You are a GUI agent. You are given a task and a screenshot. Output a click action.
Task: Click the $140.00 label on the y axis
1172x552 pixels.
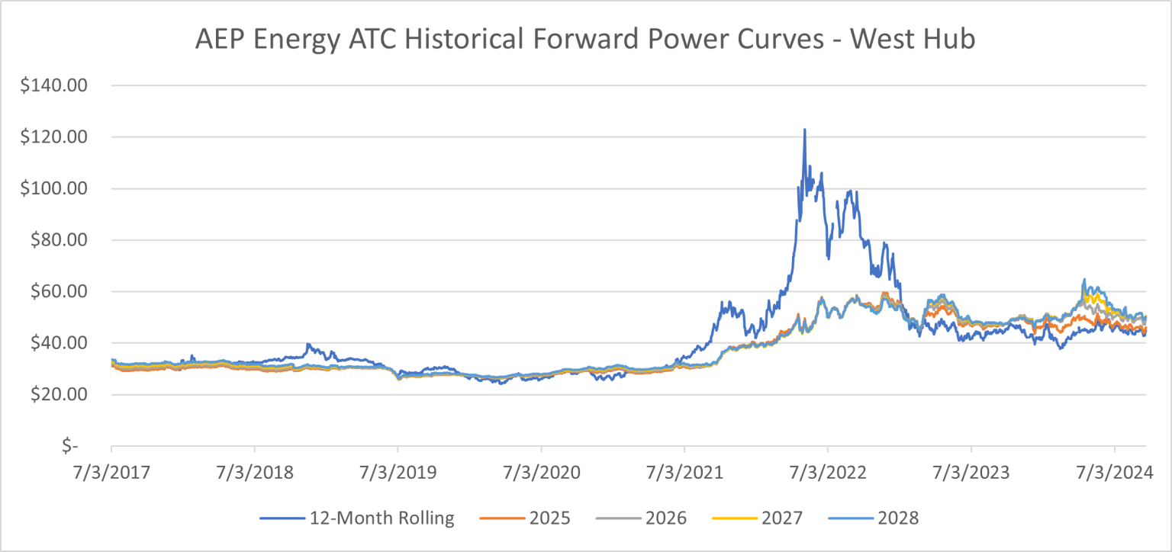(56, 86)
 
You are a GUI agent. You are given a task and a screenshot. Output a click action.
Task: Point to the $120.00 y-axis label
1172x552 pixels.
(56, 137)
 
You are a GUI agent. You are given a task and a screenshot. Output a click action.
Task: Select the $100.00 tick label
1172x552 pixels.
(56, 189)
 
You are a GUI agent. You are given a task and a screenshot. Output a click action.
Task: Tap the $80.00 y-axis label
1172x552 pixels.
(60, 240)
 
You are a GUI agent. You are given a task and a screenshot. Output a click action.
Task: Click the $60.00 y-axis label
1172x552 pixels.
(60, 292)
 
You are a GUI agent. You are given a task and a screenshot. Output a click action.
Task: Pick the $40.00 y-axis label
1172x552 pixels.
(60, 343)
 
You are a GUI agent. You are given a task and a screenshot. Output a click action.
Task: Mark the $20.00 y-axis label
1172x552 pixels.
(60, 395)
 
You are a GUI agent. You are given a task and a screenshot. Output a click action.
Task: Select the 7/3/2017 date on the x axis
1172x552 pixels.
(111, 473)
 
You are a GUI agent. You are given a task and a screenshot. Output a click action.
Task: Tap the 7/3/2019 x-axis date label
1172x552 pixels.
(398, 473)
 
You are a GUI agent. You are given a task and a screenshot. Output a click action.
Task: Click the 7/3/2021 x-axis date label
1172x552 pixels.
(684, 473)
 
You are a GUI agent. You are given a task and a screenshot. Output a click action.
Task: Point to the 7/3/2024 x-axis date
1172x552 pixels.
(1114, 473)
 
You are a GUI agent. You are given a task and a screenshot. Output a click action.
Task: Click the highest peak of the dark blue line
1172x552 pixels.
(804, 130)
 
